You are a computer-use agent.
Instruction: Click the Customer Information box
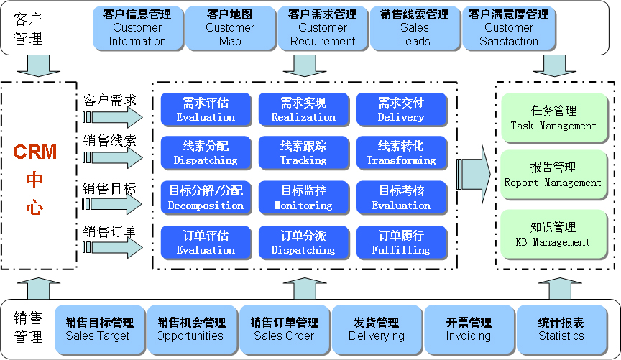137,28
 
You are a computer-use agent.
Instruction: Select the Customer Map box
230,28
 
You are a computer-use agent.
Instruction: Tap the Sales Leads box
415,28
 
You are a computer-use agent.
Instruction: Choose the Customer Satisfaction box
509,28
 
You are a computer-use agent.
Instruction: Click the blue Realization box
303,110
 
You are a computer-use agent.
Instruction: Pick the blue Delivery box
401,110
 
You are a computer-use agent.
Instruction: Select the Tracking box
303,153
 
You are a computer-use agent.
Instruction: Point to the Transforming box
401,153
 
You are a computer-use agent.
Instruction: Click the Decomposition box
206,198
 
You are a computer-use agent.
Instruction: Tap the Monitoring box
303,198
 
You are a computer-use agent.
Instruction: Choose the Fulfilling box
401,242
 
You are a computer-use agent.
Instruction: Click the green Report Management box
553,175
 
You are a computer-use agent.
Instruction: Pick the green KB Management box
553,234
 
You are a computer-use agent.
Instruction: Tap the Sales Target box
99,330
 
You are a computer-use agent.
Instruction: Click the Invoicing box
469,330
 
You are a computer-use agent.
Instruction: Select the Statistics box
561,330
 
